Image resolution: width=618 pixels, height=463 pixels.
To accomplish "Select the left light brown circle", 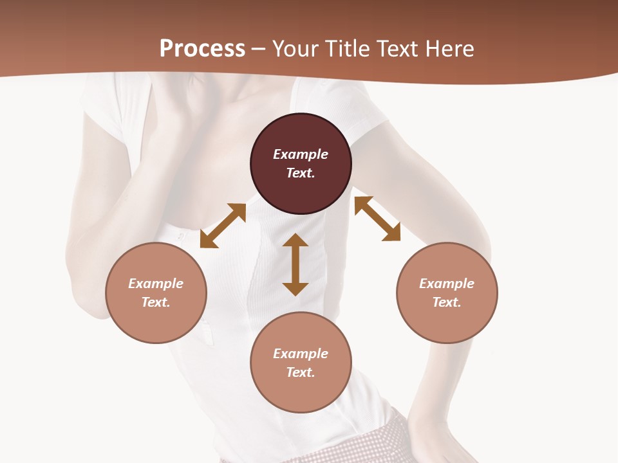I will click(x=156, y=293).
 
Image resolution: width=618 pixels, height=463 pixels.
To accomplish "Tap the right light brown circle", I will click(x=447, y=293).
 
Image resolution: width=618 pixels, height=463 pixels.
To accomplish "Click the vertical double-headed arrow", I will click(x=295, y=264).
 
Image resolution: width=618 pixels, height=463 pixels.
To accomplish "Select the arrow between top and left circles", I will click(x=223, y=225).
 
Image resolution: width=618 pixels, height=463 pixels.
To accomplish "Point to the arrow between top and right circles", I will click(x=377, y=219).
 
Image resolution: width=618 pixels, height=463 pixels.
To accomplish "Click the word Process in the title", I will click(x=202, y=48).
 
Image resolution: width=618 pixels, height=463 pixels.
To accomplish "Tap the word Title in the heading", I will click(x=348, y=48).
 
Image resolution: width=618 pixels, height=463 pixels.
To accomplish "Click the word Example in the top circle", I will click(x=301, y=154).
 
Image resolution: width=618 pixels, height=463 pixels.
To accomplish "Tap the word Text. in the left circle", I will click(x=156, y=302).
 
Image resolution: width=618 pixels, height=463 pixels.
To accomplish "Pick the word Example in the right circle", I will click(x=447, y=284).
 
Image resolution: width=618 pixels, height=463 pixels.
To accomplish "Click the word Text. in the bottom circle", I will click(x=301, y=372).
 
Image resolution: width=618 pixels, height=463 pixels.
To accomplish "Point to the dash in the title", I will click(x=259, y=49).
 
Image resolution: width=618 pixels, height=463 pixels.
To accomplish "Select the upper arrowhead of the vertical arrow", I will click(x=295, y=240).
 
